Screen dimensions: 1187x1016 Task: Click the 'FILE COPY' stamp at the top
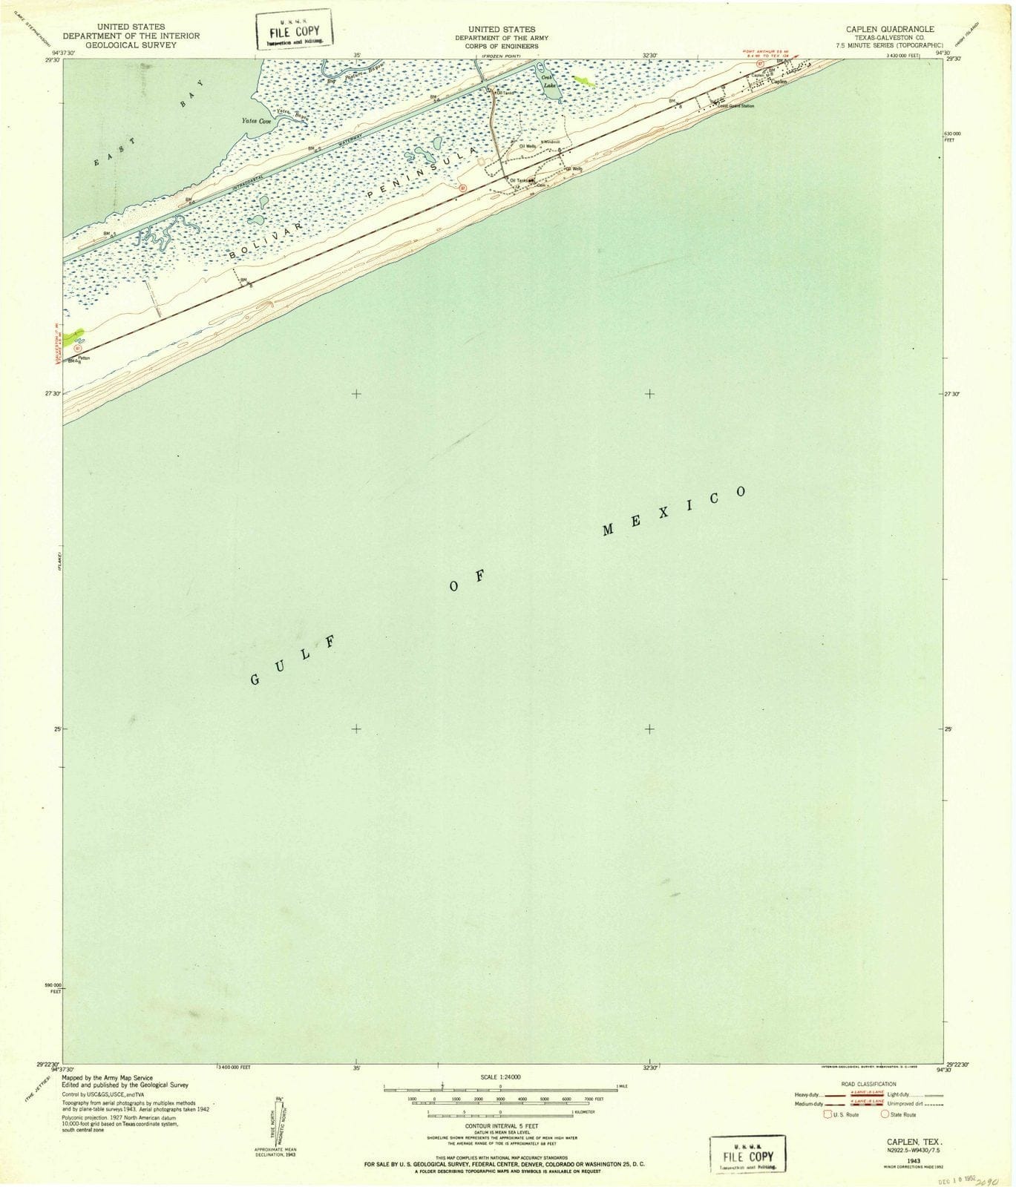[x=294, y=33]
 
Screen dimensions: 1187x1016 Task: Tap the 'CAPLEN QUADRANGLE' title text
[x=883, y=29]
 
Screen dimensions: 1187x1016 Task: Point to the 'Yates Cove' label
[x=255, y=120]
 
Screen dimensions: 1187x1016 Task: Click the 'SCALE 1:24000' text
[x=500, y=1076]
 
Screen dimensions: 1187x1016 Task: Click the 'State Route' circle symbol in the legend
[x=885, y=1114]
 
